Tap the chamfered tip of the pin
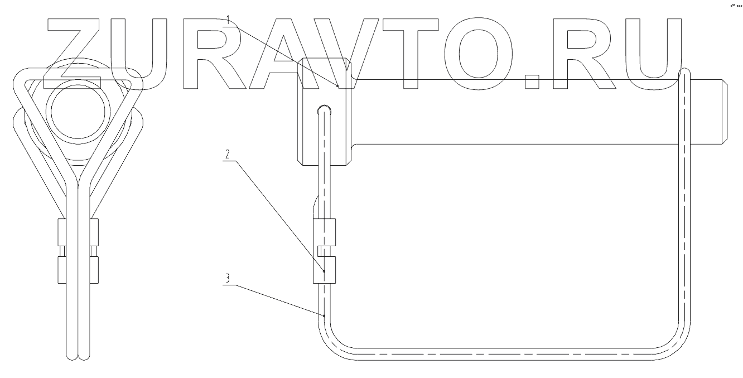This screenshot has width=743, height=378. pos(725,112)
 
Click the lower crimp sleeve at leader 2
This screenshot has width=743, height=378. pos(325,271)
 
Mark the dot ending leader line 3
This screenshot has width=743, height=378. pos(324,315)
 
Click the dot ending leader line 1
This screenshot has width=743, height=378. pos(338,85)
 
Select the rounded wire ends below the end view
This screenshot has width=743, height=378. pos(78,354)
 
